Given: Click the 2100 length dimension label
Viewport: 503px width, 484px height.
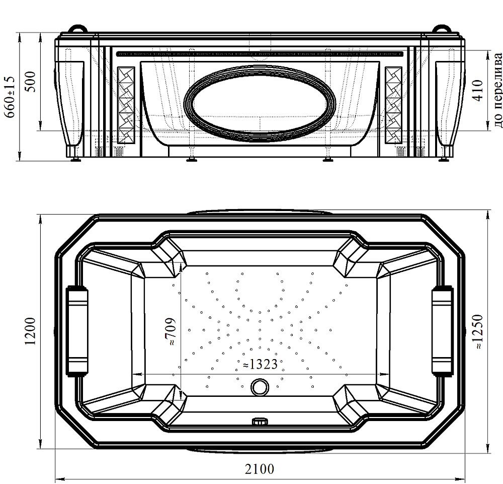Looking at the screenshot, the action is [260, 469].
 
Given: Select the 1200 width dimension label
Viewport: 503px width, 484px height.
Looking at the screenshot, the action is [31, 331].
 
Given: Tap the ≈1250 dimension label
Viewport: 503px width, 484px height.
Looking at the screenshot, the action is [478, 332].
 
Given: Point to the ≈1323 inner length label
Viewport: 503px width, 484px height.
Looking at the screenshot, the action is [260, 364].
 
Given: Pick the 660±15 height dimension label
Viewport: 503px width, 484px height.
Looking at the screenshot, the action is [10, 97].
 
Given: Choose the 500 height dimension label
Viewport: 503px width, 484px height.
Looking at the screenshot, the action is [32, 82].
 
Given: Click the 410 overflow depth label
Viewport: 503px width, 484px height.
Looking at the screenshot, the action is [478, 91].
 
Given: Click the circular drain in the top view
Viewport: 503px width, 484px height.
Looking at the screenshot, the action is [260, 387].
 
